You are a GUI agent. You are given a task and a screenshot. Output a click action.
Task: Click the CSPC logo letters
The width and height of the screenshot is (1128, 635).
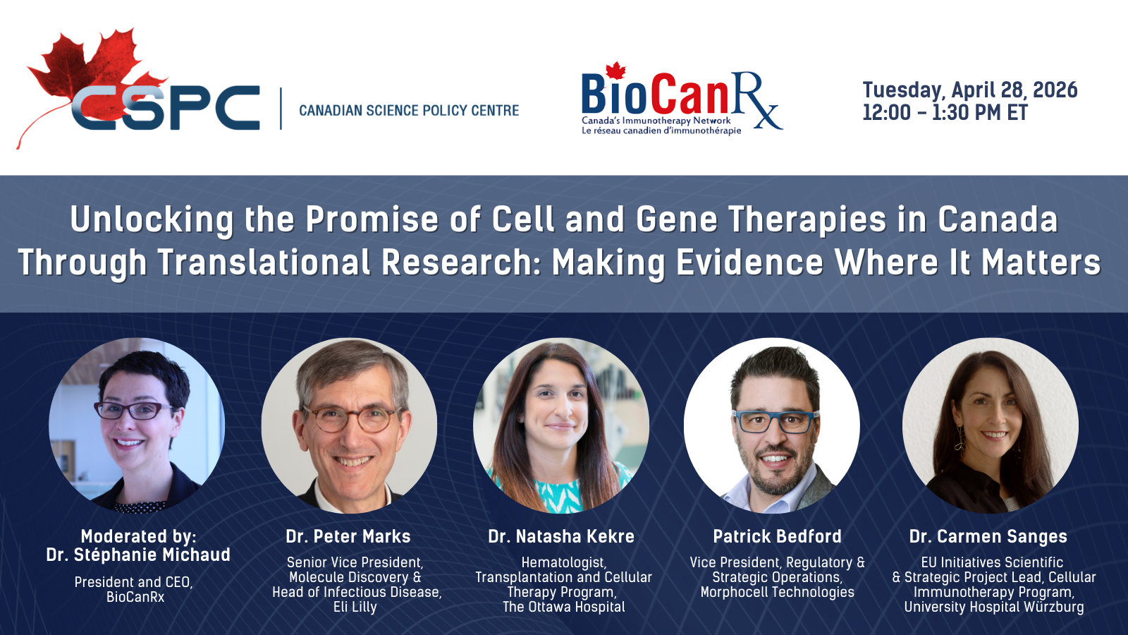tap(166, 108)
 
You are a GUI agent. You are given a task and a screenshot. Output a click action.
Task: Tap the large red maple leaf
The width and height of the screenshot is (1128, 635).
tap(91, 75)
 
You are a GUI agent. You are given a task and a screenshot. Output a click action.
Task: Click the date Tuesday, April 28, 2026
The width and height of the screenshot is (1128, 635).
tap(970, 90)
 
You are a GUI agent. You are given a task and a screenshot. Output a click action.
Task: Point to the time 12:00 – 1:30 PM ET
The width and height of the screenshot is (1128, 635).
tap(945, 112)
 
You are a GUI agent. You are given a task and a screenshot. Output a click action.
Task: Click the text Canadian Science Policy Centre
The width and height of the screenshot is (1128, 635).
tap(409, 110)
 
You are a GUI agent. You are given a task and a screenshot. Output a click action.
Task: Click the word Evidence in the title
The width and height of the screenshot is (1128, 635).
tap(750, 262)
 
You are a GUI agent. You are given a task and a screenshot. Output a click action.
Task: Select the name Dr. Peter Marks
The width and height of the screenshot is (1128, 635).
tap(348, 536)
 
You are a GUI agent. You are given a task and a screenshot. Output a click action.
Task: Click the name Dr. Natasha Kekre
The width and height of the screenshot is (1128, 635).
tap(561, 536)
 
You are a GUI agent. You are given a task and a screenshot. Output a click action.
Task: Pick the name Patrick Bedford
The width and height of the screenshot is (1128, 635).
tap(777, 536)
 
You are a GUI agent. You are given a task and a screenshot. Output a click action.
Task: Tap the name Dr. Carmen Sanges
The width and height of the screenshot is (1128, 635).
tap(988, 536)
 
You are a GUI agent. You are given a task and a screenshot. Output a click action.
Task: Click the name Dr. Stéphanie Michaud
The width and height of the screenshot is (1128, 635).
tap(138, 555)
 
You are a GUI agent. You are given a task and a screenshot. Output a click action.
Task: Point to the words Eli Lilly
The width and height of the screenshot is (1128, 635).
tap(355, 607)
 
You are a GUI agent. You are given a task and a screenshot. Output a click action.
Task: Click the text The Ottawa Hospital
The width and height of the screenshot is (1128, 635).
tap(564, 607)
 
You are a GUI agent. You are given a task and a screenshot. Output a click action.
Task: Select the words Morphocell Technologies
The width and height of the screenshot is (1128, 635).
tap(777, 592)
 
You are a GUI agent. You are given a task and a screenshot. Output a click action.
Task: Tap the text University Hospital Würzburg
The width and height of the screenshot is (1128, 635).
tap(994, 607)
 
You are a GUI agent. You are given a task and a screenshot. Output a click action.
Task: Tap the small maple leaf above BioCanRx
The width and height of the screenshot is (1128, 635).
tap(615, 71)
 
